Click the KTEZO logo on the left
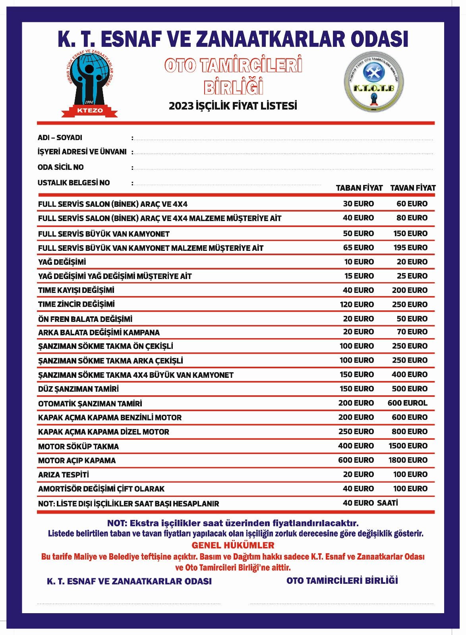pos(89,85)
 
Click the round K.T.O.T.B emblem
pos(374,82)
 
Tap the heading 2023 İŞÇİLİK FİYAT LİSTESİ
pos(233,106)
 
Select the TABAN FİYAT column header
pos(359,188)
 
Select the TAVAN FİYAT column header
pos(413,188)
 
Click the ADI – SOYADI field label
pos(60,138)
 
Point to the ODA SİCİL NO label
pos(61,167)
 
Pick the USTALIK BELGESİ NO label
pos(73,183)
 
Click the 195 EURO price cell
pos(410,248)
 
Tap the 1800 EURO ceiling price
pos(408,460)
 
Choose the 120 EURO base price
pos(357,304)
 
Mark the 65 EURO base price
pos(358,248)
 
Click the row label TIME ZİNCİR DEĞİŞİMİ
pos(76,304)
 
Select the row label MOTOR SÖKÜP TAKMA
pos(78,446)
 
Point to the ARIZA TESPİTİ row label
pos(64,475)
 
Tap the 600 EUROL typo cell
pos(408,403)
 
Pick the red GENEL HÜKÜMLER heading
pos(233,545)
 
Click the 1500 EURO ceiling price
pos(408,446)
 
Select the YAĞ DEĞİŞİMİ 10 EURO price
pos(359,262)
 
